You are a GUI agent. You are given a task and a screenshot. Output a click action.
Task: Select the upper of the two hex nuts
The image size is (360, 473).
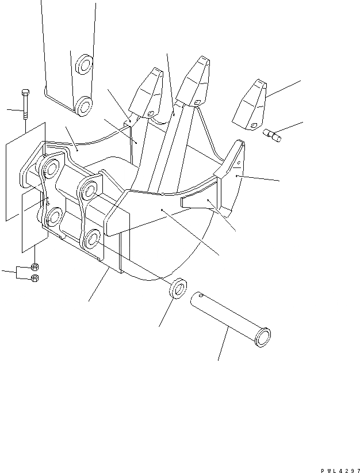35,267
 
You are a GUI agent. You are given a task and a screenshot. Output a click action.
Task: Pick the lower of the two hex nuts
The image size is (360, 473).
35,279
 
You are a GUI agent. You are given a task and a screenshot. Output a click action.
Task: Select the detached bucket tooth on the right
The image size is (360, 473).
249,105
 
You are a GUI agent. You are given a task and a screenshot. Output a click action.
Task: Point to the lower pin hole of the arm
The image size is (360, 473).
84,105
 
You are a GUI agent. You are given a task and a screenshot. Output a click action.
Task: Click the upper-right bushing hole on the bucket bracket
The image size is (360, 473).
90,187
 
